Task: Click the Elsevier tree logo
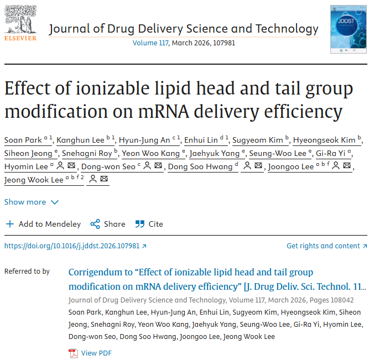[x=20, y=20]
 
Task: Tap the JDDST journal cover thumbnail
[x=349, y=29]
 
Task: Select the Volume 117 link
[x=150, y=43]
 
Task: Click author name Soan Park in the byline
[x=23, y=140]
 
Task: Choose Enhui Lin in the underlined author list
[x=201, y=140]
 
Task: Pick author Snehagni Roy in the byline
[x=87, y=153]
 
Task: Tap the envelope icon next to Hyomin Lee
[x=71, y=165]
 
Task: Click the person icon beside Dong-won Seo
[x=147, y=165]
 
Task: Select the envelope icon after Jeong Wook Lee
[x=104, y=179]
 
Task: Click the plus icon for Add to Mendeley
[x=10, y=224]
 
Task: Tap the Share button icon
[x=95, y=224]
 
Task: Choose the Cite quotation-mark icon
[x=140, y=224]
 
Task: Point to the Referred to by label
[x=27, y=272]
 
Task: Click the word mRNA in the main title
[x=164, y=111]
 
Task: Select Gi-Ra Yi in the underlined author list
[x=330, y=153]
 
